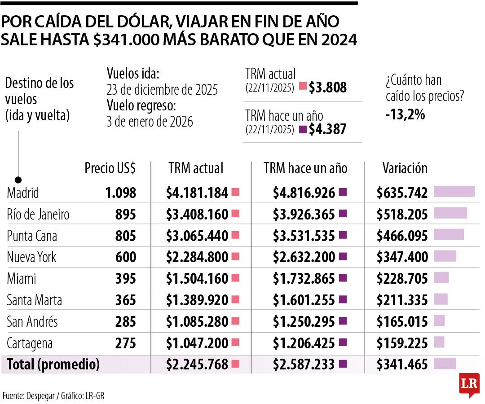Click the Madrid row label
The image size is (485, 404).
click(x=23, y=193)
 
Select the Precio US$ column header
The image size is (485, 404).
click(x=110, y=168)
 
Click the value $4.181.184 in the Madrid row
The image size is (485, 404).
click(x=197, y=193)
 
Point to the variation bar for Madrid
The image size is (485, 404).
click(x=454, y=192)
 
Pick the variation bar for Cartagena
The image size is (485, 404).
click(x=439, y=342)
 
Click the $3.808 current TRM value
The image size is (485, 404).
click(x=327, y=87)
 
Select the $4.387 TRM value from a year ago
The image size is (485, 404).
click(x=327, y=129)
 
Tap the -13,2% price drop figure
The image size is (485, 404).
click(x=405, y=115)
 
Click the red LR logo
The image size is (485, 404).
click(x=469, y=384)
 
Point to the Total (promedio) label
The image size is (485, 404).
click(x=53, y=364)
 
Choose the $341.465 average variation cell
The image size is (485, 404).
click(x=402, y=364)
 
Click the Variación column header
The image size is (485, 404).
click(x=405, y=168)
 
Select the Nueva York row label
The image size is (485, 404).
click(x=31, y=257)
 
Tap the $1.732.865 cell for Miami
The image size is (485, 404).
click(x=304, y=279)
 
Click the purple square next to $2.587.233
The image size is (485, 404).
click(x=344, y=364)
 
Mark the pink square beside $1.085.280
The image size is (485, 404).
click(x=235, y=321)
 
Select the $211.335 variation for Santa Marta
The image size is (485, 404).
click(x=402, y=300)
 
